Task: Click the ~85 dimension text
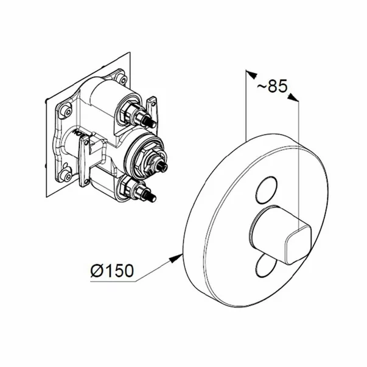coord(271,86)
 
